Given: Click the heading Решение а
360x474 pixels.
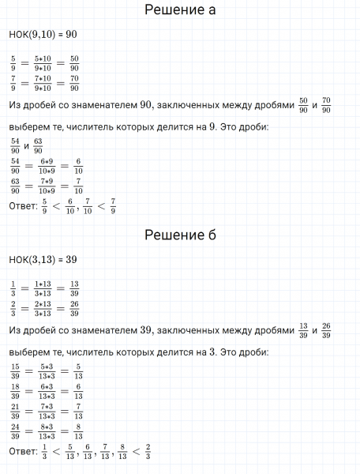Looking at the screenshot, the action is point(181,11).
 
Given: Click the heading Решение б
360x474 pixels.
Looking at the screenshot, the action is point(181,235).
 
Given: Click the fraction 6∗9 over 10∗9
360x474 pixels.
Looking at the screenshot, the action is point(43,166).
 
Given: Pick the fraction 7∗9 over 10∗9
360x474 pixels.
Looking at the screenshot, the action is point(43,186).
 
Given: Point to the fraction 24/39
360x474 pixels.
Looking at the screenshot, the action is point(14,431).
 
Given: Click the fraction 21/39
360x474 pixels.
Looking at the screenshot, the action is point(14,411).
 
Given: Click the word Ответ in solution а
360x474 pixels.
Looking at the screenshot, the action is point(23,207).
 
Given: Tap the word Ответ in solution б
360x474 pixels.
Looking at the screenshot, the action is point(23,452).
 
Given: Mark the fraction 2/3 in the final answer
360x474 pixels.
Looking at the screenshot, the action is point(148,452).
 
